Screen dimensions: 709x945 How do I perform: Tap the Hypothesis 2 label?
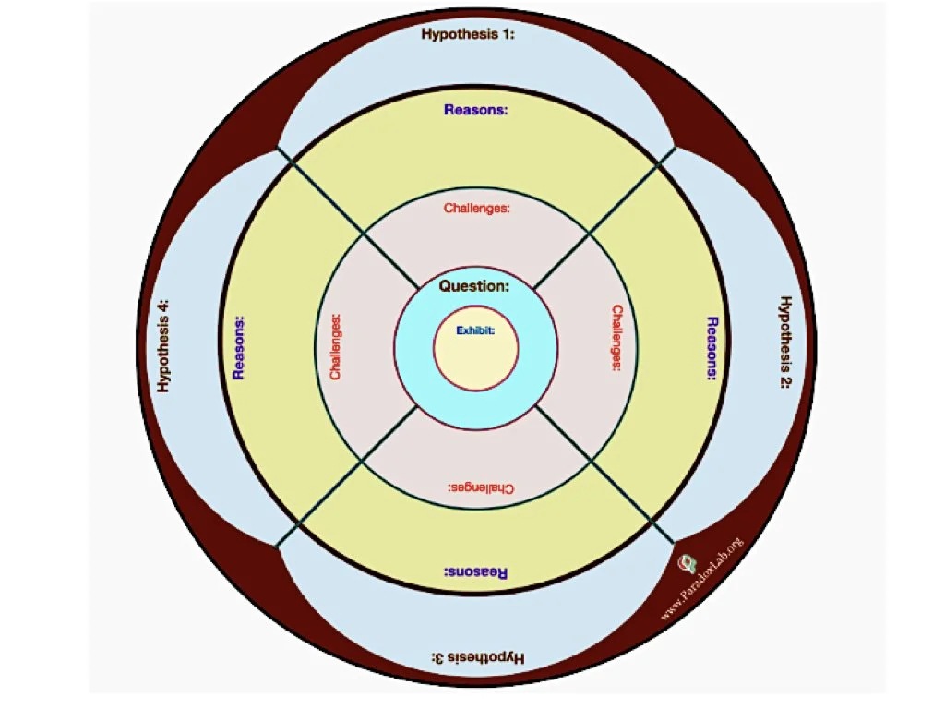pyautogui.click(x=784, y=342)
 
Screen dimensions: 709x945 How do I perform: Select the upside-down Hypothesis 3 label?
pyautogui.click(x=477, y=657)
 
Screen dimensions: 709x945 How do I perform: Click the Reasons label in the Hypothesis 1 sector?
pyautogui.click(x=476, y=110)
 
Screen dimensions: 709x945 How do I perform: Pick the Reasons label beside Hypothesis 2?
pyautogui.click(x=712, y=348)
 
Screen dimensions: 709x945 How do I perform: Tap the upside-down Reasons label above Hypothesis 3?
pyautogui.click(x=476, y=572)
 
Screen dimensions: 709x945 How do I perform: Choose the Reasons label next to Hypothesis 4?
pyautogui.click(x=239, y=348)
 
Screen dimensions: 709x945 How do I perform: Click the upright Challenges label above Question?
pyautogui.click(x=476, y=209)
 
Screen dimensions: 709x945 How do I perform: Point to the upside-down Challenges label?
pyautogui.click(x=481, y=487)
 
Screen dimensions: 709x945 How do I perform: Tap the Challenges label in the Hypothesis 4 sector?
pyautogui.click(x=336, y=348)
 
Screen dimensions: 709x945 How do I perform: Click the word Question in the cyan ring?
pyautogui.click(x=473, y=286)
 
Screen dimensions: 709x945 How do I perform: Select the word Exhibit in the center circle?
pyautogui.click(x=475, y=330)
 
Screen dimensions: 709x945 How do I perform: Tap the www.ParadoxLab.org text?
pyautogui.click(x=703, y=579)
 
